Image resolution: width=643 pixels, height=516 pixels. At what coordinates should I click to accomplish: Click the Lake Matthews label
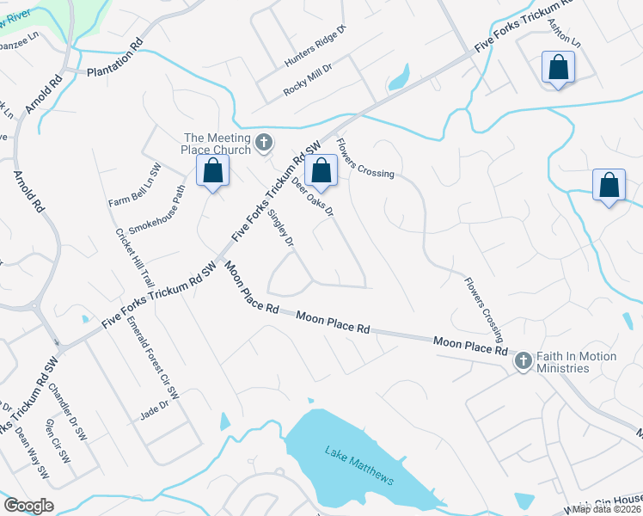coord(359,465)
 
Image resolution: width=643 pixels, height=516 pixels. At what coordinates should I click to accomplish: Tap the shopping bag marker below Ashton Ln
coord(558,68)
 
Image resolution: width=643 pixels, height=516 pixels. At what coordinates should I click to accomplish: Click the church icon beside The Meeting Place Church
coord(264,142)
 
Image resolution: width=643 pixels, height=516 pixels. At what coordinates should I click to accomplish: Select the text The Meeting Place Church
coord(218,144)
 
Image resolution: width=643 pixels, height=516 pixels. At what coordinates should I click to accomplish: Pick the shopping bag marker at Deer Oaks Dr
coord(321,171)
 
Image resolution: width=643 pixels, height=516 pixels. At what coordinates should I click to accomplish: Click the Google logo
coord(28,506)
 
